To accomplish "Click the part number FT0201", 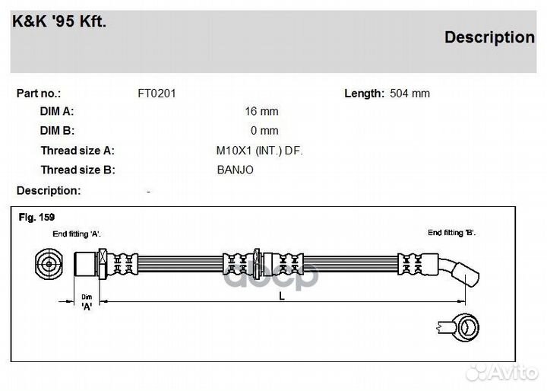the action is click(157, 94).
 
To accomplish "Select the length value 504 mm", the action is click(409, 94).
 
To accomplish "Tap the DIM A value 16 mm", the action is click(261, 111).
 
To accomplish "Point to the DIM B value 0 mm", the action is click(264, 131).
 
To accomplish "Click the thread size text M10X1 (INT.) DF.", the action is click(260, 151).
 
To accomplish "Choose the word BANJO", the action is click(235, 170).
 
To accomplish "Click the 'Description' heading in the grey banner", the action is click(489, 37).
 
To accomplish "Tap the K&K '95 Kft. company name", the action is click(59, 21).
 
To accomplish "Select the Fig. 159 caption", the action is click(36, 217).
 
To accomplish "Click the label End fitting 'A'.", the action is click(77, 234).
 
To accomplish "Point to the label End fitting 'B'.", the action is click(452, 232).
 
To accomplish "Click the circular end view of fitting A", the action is click(49, 264).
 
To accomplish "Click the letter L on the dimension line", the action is click(282, 297).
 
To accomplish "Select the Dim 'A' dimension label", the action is click(87, 302).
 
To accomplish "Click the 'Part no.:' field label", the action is click(39, 94).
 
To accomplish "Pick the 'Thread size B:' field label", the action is click(77, 170).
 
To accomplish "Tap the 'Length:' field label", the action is click(364, 94).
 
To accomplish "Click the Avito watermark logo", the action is click(501, 373).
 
